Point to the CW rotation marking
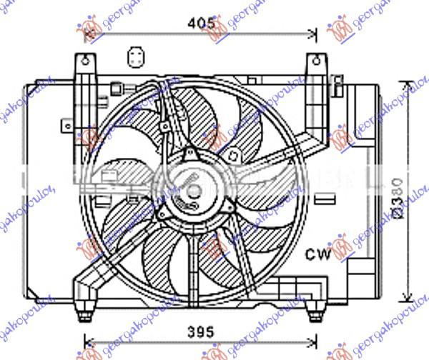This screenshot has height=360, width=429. pyautogui.click(x=318, y=254)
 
